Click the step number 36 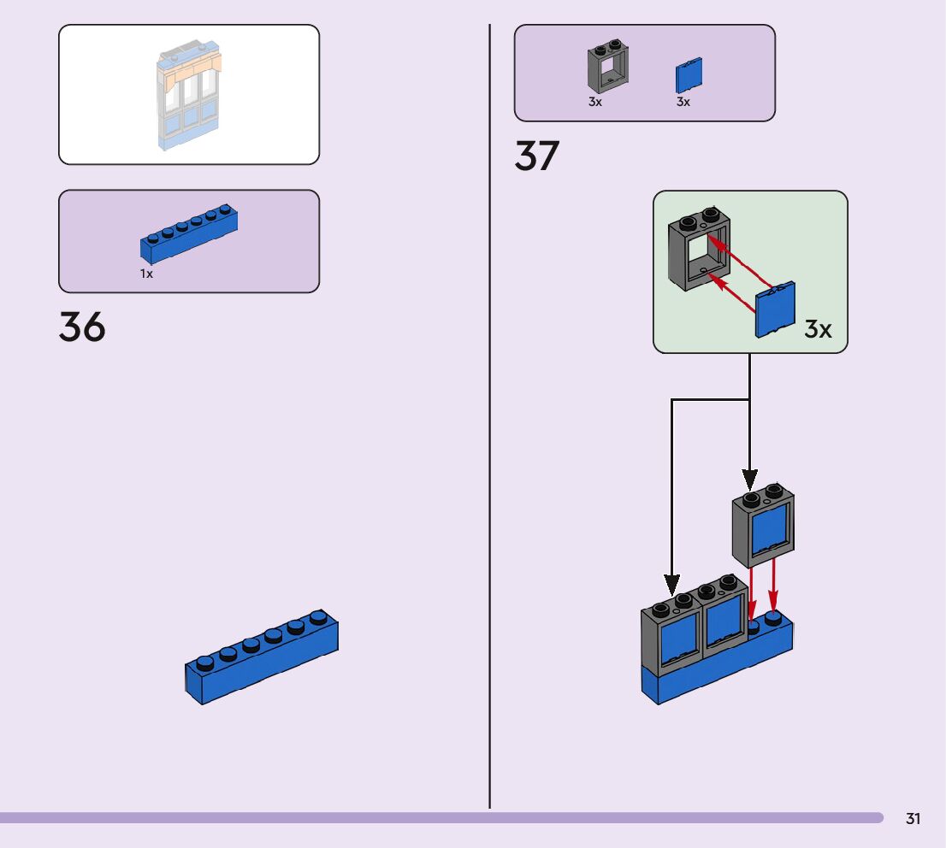click(x=82, y=327)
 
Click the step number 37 click(x=536, y=156)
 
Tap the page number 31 click(x=913, y=819)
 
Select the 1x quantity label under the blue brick click(x=147, y=274)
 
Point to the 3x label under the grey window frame click(x=595, y=102)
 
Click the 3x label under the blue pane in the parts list click(x=683, y=102)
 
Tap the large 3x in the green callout click(x=818, y=329)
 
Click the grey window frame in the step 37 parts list click(x=607, y=68)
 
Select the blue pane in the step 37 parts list click(x=689, y=76)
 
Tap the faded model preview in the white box click(x=189, y=94)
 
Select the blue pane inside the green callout click(x=775, y=309)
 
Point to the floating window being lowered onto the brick click(x=763, y=526)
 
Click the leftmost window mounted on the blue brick click(x=671, y=637)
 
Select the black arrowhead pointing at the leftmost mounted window click(x=672, y=586)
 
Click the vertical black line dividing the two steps click(x=489, y=427)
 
